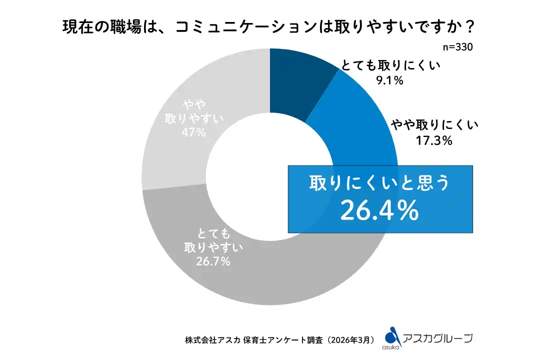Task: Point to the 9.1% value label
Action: (x=389, y=79)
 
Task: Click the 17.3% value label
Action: (x=434, y=141)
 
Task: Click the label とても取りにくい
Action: (x=393, y=66)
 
